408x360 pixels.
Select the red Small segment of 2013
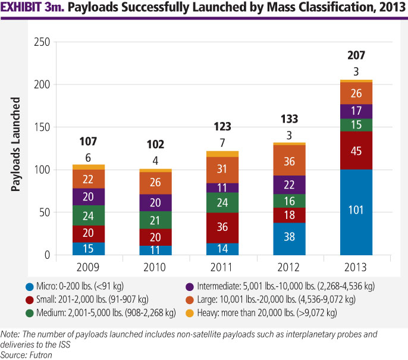[x=356, y=151]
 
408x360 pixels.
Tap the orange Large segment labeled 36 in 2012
[x=290, y=161]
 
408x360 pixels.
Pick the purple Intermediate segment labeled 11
[x=222, y=187]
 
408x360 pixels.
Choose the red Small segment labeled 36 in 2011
[x=222, y=210]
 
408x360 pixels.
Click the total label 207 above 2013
[x=356, y=57]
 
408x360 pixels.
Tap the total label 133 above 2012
[x=290, y=119]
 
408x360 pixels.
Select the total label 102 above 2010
[x=155, y=145]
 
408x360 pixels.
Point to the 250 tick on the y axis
[x=42, y=42]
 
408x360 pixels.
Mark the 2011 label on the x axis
[x=222, y=267]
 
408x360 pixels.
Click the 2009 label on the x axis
[x=88, y=267]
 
